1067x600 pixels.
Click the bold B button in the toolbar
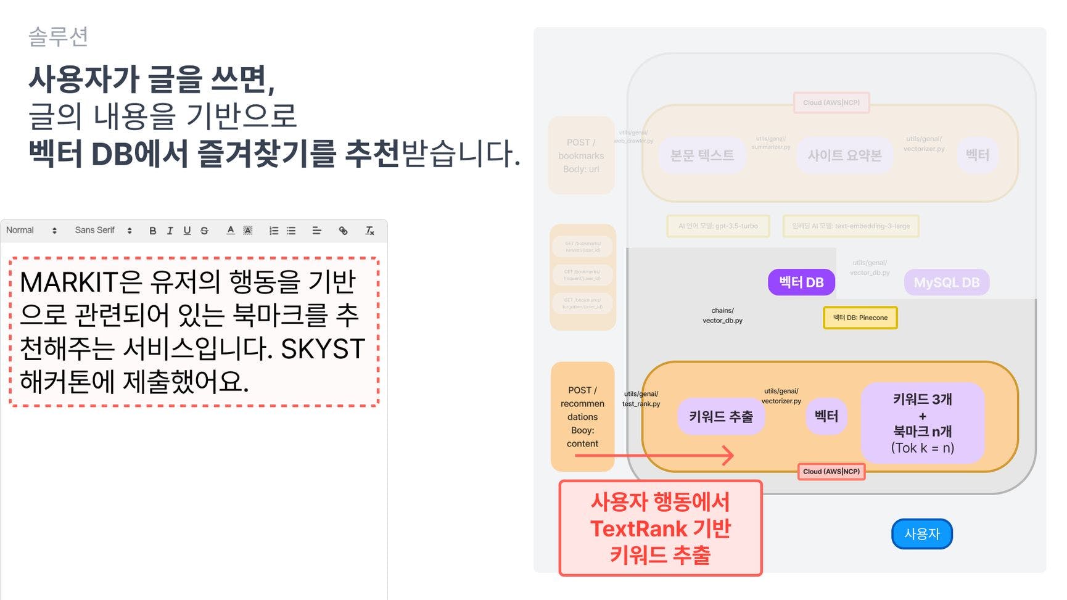[152, 231]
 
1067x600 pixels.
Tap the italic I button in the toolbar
[170, 231]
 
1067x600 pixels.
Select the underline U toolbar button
[187, 231]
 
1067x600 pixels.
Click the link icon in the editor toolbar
[343, 231]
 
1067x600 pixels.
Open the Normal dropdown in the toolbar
[31, 230]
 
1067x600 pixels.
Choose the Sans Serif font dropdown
[102, 230]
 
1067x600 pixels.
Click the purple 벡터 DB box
[801, 282]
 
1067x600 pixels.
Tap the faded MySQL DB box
[946, 282]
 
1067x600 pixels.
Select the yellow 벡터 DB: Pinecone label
[860, 318]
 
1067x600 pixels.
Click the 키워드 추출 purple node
[721, 417]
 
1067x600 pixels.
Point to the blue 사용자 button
[921, 533]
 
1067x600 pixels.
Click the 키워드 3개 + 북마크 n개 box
[922, 423]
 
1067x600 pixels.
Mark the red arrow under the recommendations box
[654, 456]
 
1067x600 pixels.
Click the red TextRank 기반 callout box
[660, 528]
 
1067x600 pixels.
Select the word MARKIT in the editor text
[68, 282]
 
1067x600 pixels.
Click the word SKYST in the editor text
[323, 349]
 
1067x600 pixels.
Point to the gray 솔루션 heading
[59, 36]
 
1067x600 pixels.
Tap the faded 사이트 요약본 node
[844, 155]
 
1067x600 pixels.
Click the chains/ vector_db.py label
[722, 316]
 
